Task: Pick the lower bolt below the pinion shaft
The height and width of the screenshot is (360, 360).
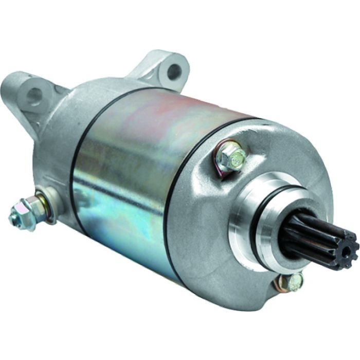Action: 295,281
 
